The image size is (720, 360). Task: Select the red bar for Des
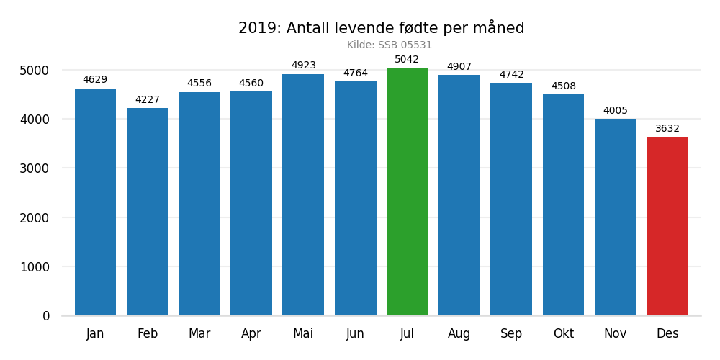[x=667, y=226]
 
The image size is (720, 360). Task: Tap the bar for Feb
[x=148, y=212]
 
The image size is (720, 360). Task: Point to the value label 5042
[x=407, y=60]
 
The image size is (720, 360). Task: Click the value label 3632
[x=667, y=129]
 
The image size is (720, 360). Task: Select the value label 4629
[x=95, y=80]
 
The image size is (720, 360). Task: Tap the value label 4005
[x=615, y=111]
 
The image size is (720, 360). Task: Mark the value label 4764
[x=355, y=73]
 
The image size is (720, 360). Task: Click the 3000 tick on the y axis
[x=35, y=168]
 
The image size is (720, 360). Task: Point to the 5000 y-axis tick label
[x=35, y=71]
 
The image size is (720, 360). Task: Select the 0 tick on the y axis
[x=46, y=316]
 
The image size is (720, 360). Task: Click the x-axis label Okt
[x=563, y=334]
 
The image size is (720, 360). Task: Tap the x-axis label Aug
[x=459, y=334]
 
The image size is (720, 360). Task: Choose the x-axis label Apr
[x=251, y=334]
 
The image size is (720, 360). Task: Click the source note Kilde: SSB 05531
[x=390, y=45]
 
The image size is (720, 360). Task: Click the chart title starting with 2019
[x=381, y=28]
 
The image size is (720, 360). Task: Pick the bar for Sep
[x=511, y=199]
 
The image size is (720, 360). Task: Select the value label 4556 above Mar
[x=199, y=84]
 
